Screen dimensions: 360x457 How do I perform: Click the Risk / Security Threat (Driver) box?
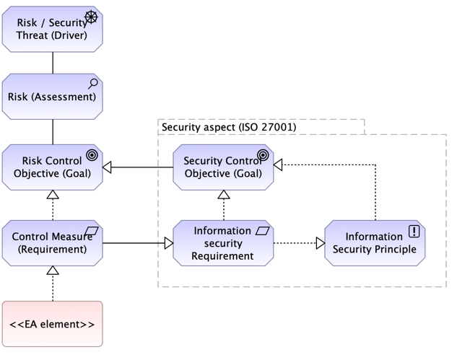click(52, 29)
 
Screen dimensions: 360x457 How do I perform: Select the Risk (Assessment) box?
click(52, 96)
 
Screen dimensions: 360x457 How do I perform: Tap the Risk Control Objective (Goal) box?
click(52, 167)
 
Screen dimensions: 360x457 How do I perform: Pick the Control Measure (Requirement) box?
click(52, 243)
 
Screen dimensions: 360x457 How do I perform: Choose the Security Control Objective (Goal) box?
click(223, 167)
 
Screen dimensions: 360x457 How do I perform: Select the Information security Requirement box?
click(223, 243)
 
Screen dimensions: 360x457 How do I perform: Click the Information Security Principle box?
click(374, 243)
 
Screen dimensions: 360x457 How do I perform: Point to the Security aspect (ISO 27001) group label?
click(228, 127)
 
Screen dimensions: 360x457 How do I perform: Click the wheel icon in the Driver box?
click(91, 17)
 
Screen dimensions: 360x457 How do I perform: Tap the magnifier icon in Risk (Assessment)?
click(92, 84)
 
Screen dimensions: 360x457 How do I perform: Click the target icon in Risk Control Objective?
click(92, 154)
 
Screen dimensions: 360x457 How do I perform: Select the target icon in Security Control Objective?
click(263, 154)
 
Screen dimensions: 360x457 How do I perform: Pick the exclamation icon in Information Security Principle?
click(414, 231)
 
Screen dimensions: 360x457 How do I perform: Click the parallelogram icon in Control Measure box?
click(92, 231)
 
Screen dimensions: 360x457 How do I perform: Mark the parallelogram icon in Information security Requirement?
click(263, 231)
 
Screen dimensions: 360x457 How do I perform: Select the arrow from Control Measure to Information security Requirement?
click(137, 243)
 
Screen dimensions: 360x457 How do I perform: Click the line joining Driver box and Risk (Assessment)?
click(52, 62)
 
